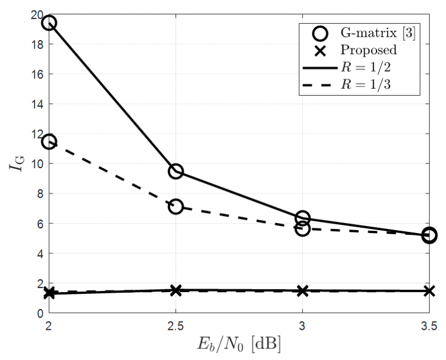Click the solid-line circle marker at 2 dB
[49, 23]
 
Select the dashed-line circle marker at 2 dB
[49, 141]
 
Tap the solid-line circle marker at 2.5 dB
[176, 171]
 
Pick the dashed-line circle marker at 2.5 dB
[176, 206]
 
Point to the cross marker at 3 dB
[302, 290]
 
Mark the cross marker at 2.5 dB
[176, 290]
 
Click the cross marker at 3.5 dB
[429, 290]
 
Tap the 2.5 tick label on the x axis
[176, 326]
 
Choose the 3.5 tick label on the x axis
[429, 326]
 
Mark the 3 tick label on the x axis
[302, 326]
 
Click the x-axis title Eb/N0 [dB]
[239, 346]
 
